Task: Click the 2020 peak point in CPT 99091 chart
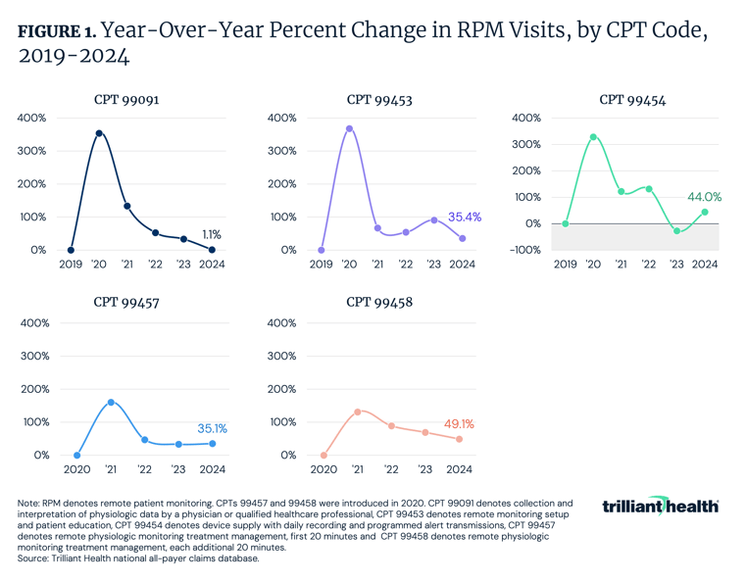point(99,133)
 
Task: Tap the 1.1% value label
point(211,235)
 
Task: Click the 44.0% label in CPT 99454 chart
point(703,197)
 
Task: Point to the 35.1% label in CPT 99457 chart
point(211,427)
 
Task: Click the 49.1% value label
point(462,424)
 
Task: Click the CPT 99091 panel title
point(126,99)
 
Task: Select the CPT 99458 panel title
point(378,303)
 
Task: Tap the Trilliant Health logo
point(660,506)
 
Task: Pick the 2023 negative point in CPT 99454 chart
point(675,231)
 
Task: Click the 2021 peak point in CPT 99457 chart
point(111,403)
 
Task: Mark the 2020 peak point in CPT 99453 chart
point(350,128)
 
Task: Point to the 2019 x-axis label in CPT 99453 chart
point(322,265)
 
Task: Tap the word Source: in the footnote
point(35,558)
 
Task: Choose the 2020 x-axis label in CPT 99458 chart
point(324,469)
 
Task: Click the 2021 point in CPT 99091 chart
point(127,206)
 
